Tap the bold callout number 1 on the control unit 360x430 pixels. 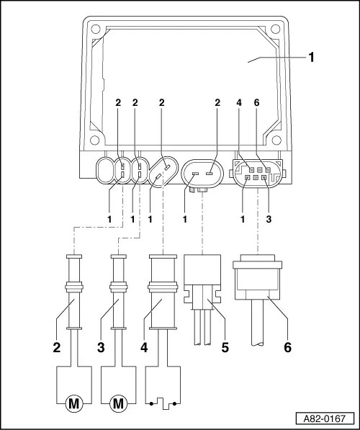point(311,57)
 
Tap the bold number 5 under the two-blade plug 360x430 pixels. point(225,346)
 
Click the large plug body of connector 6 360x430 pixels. point(258,285)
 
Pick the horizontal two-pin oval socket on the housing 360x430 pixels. point(199,173)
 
